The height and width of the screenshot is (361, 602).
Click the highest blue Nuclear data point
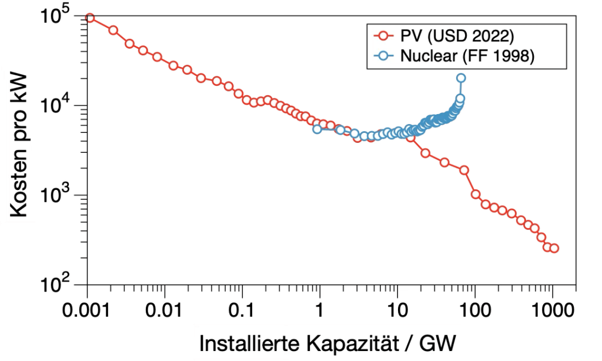(x=461, y=78)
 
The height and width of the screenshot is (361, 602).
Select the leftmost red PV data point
(x=90, y=18)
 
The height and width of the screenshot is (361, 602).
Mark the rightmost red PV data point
(x=554, y=248)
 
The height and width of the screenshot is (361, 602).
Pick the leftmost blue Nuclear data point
(x=317, y=129)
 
